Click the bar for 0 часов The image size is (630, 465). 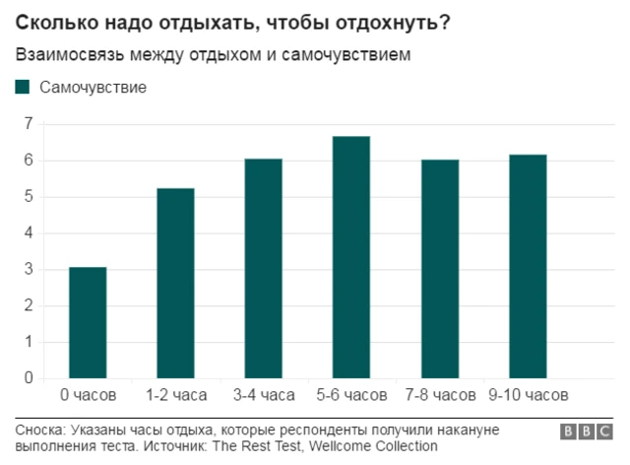(88, 322)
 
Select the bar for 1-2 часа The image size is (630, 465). (175, 283)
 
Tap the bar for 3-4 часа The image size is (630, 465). (263, 268)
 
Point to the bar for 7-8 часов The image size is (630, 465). (440, 268)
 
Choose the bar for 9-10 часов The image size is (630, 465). (528, 266)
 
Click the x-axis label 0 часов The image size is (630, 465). (88, 395)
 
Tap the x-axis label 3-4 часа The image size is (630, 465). (263, 395)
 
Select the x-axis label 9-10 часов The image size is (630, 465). (528, 395)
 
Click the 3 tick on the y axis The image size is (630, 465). (28, 269)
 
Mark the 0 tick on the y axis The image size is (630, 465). (28, 378)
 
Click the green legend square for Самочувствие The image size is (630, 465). (23, 88)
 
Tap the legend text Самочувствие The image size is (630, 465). (94, 88)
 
